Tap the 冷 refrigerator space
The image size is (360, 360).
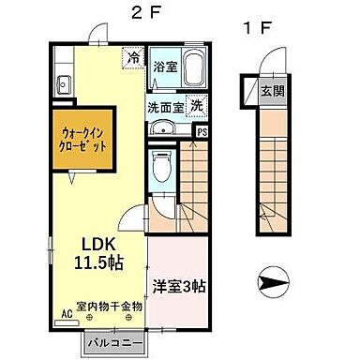[x=134, y=59]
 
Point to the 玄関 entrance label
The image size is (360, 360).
[x=272, y=91]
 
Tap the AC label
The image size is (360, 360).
[x=67, y=314]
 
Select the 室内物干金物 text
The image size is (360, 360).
[x=110, y=306]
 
